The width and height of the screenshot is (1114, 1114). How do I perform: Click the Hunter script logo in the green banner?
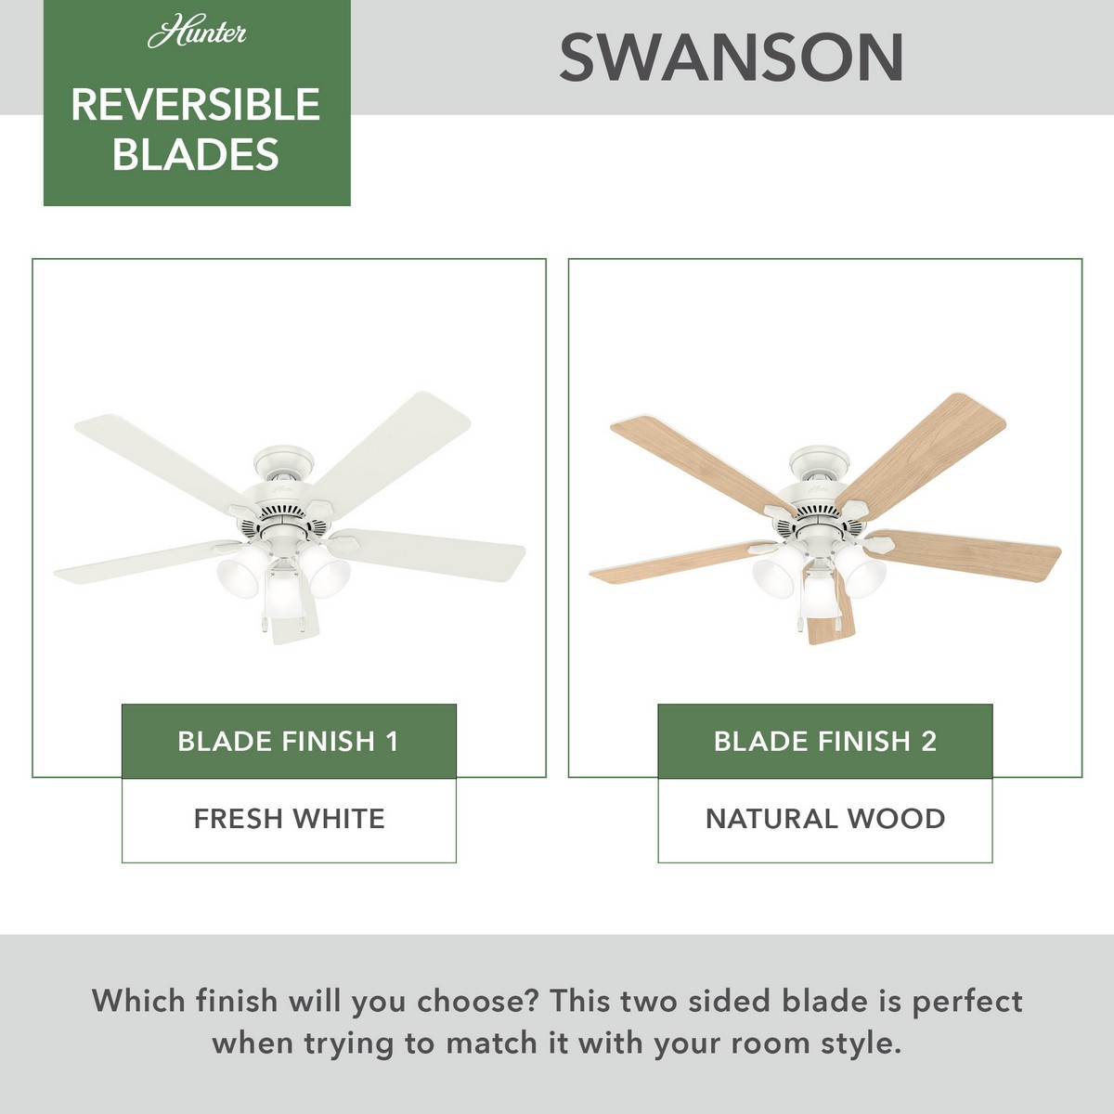coord(197,34)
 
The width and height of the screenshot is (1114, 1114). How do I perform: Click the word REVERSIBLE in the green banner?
coord(196,105)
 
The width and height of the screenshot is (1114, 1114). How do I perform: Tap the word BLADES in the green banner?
coord(196,154)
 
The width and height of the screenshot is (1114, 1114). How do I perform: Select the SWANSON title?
coord(732,58)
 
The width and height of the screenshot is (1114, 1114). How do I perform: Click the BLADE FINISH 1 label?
coord(289,741)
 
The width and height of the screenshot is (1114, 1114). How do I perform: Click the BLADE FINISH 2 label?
coord(825,741)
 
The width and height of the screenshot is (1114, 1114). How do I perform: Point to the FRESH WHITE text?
coord(289,819)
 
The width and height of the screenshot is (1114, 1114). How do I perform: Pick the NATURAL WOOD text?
coord(825,819)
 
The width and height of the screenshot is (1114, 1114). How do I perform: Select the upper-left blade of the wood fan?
coord(701,462)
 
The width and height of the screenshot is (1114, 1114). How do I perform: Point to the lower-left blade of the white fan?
coord(148,562)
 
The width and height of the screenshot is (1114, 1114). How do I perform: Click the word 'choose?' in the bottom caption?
coord(477,1002)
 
